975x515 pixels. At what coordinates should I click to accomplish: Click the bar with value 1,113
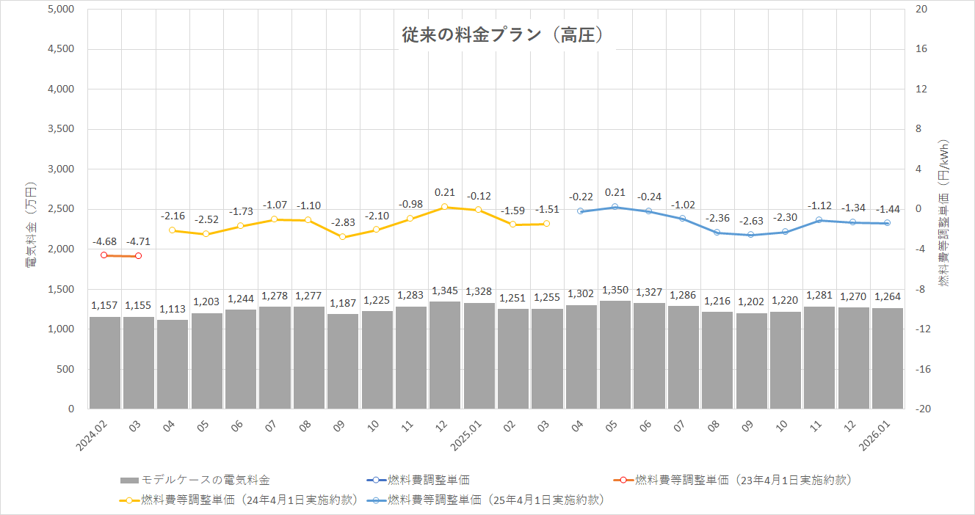(173, 364)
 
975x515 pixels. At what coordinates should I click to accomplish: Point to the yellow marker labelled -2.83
(342, 237)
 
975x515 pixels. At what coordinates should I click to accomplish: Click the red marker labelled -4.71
(138, 256)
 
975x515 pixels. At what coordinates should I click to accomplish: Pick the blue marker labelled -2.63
(751, 235)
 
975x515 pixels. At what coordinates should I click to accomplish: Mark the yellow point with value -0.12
(479, 210)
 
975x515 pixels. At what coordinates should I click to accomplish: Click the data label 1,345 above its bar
(445, 291)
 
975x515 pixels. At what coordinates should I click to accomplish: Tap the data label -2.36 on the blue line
(717, 219)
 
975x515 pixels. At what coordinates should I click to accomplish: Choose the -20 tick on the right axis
(922, 409)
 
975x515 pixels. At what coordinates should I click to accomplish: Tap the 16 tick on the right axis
(920, 49)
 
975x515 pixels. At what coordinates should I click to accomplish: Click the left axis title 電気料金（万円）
(32, 224)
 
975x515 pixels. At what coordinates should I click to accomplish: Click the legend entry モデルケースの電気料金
(195, 481)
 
